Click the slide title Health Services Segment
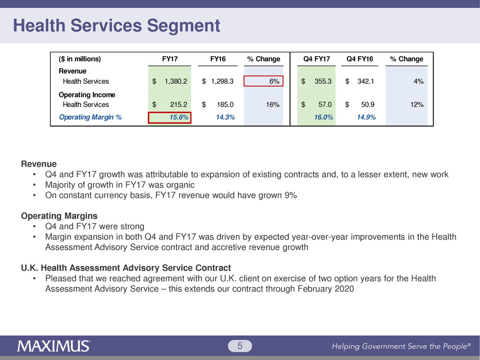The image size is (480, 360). (x=117, y=26)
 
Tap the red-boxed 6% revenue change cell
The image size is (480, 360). (x=263, y=81)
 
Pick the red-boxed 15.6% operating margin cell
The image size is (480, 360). (x=170, y=117)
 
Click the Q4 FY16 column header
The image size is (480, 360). (x=360, y=59)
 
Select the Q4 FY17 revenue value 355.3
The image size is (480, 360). (x=323, y=81)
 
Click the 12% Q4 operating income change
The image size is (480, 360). (x=416, y=105)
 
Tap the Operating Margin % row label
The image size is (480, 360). (x=90, y=117)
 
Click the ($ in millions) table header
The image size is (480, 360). (x=80, y=59)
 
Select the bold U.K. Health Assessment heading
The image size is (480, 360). (x=126, y=268)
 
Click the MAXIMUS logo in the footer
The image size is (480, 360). (x=54, y=346)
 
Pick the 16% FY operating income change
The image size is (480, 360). (x=272, y=105)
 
